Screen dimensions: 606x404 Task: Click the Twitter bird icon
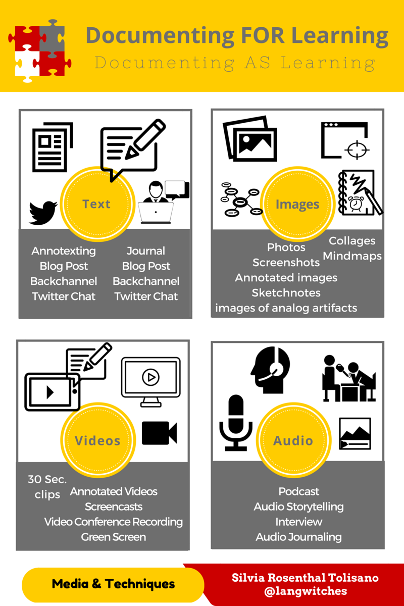[x=43, y=213]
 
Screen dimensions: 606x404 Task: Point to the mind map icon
[x=239, y=199]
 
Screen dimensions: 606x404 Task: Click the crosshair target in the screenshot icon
[x=358, y=149]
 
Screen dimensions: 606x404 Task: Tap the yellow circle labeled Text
[x=96, y=204]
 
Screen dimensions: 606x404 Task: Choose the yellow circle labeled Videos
[x=97, y=440]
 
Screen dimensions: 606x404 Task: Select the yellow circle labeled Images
[x=297, y=205]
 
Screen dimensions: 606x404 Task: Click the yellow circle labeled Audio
[x=293, y=440]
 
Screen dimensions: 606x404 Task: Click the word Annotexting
[x=64, y=251]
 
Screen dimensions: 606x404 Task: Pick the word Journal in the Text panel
[x=146, y=251]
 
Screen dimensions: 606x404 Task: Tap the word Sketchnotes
[x=286, y=293]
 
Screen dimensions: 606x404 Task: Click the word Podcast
[x=299, y=491]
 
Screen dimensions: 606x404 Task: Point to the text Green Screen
[x=114, y=537]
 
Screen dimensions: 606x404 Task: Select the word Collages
[x=352, y=241]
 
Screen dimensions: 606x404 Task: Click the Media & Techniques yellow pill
[x=113, y=584]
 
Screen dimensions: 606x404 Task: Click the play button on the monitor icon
[x=150, y=377]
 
